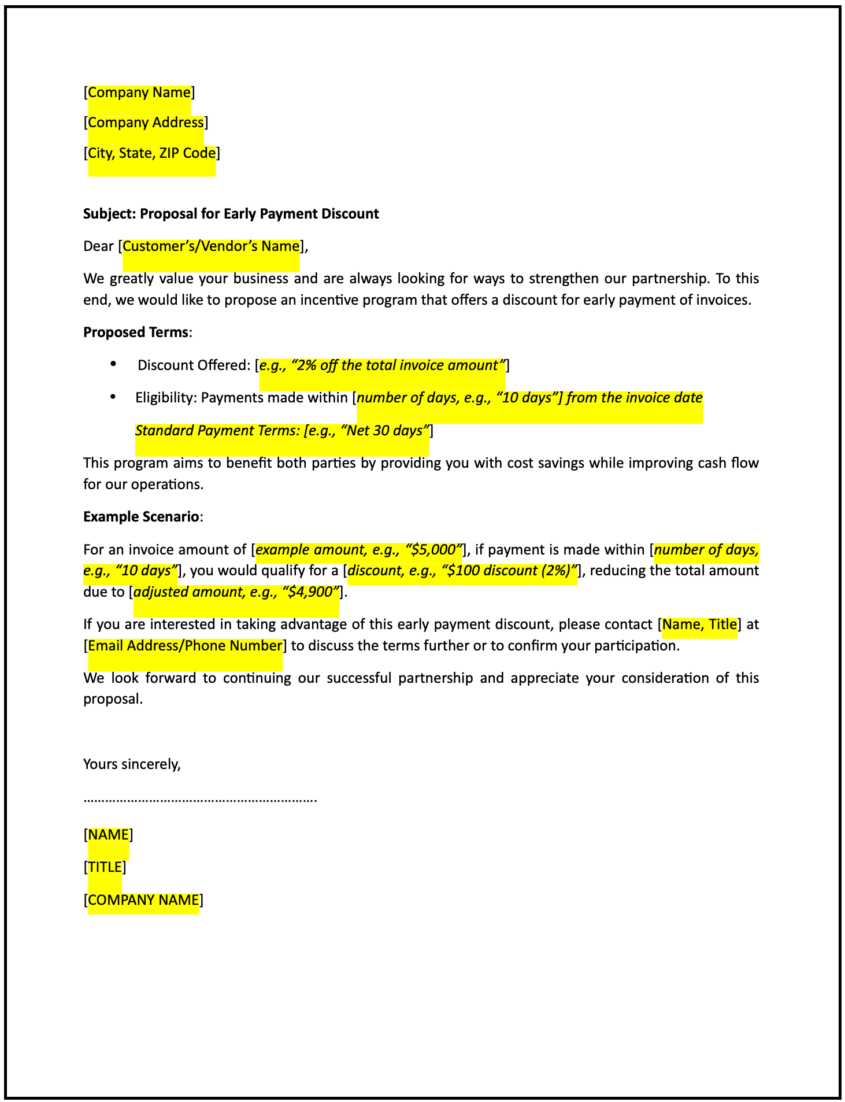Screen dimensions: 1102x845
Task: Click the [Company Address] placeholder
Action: [x=146, y=123]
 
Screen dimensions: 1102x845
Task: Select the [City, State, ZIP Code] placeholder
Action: [x=151, y=153]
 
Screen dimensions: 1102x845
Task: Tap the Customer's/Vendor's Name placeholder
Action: [x=211, y=246]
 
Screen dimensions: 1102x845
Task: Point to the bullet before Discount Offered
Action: [x=113, y=364]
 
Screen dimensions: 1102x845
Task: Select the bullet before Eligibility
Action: [x=113, y=397]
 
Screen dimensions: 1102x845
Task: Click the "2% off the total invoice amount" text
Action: [x=399, y=365]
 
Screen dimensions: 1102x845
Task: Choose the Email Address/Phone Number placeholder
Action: [x=185, y=646]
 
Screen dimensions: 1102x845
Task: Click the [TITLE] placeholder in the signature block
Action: [x=105, y=867]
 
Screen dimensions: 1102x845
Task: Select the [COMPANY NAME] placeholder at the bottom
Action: [x=143, y=900]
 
